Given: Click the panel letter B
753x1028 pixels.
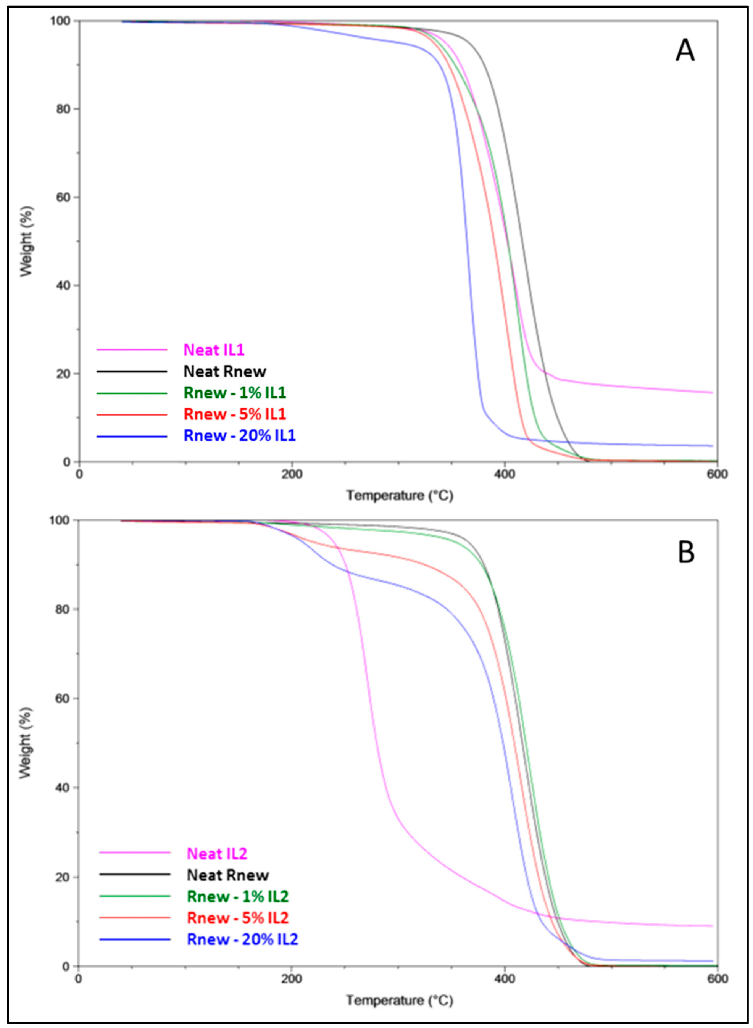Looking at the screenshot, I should point(686,552).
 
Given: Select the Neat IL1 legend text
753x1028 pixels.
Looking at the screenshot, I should point(214,350).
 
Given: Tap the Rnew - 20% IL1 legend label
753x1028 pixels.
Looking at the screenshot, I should point(239,436).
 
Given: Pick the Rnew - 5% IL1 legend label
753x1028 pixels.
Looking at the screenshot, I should point(235,414).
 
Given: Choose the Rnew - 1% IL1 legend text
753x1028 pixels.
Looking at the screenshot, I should point(235,393).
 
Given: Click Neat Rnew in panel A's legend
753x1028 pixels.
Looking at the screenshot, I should point(225,371).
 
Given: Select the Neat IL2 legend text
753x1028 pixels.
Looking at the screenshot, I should point(217,854).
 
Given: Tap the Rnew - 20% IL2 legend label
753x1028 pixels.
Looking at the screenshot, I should point(242,939).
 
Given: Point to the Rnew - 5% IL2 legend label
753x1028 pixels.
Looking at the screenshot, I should point(238,918).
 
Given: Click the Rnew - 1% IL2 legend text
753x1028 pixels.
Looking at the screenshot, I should point(238,896).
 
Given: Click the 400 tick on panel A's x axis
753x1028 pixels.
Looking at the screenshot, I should point(504,474).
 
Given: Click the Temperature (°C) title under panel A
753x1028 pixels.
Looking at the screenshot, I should point(400,496).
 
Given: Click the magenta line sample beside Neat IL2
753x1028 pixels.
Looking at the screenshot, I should point(135,852).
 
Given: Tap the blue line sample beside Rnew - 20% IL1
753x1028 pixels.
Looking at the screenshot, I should point(132,437).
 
